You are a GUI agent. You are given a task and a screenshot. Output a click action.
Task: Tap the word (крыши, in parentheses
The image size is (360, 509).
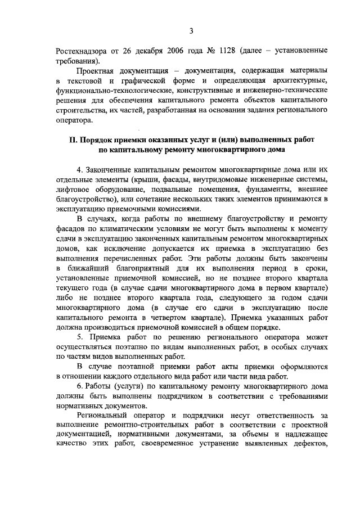pyautogui.click(x=147, y=179)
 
